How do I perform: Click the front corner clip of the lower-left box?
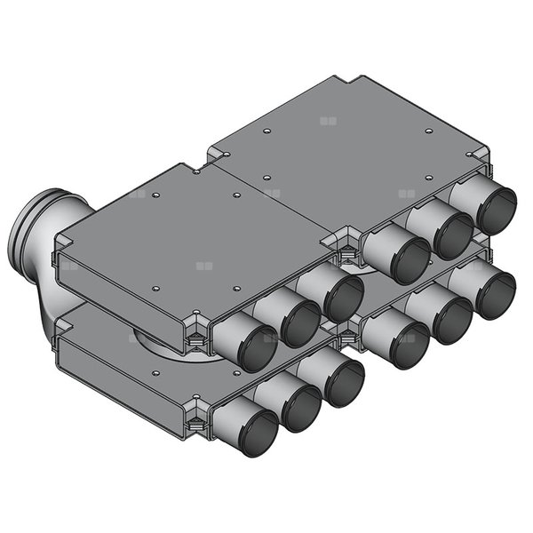(197, 418)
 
